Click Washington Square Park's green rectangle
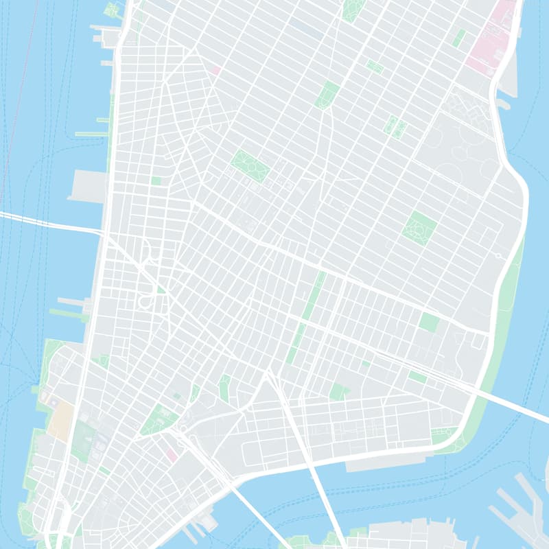point(250,165)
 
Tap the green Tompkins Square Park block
point(420,229)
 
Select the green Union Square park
point(327,95)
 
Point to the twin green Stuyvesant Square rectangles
point(395,126)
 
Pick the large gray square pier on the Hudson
point(88,185)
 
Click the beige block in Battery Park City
point(60,419)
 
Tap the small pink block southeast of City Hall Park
point(172,454)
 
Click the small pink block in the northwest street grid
point(215,70)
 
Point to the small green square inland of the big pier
point(156,181)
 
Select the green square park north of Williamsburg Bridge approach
point(429,322)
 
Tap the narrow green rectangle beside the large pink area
point(458,38)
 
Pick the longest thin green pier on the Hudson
point(91,134)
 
